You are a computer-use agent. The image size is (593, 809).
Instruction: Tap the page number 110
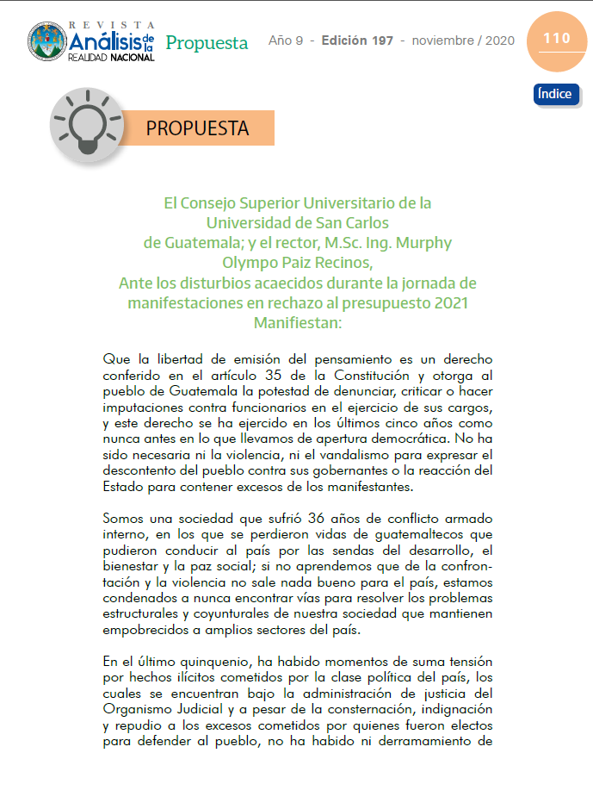point(556,39)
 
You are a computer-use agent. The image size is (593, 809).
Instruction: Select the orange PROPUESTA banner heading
point(197,128)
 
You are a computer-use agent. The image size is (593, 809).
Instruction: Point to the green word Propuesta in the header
point(207,42)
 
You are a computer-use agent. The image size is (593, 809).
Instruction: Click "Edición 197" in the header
point(357,40)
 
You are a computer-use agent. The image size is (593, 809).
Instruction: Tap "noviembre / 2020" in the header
point(463,40)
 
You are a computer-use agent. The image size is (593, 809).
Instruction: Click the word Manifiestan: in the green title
point(297,322)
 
